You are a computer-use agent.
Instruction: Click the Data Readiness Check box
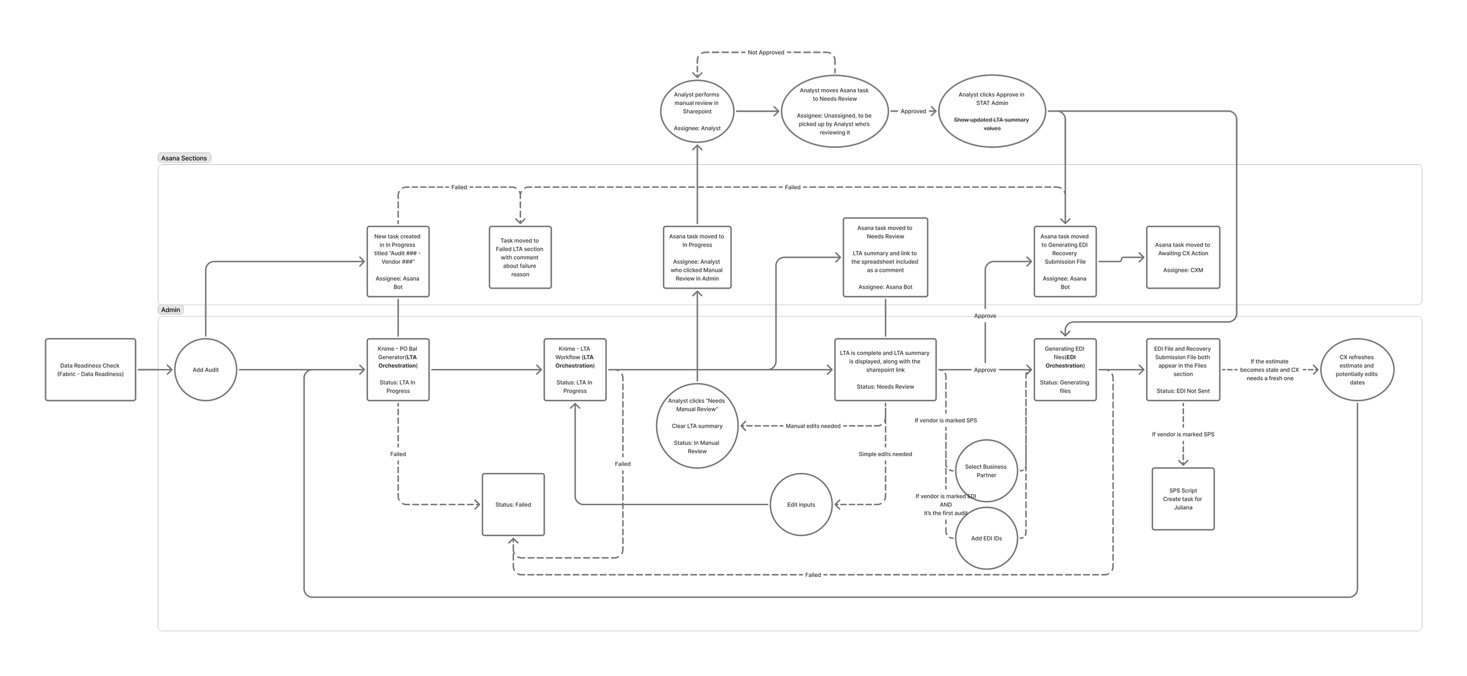point(90,370)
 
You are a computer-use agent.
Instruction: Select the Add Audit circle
point(205,370)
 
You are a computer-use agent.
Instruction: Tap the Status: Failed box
point(513,505)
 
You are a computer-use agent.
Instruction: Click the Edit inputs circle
point(800,505)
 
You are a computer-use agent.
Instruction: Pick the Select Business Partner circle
point(986,471)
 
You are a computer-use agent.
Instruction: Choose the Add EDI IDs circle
point(986,538)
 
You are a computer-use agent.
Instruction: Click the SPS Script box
point(1182,499)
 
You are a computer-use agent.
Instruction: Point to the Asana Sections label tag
point(184,158)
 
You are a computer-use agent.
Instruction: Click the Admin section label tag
point(171,310)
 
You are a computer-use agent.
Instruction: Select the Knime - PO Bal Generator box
point(398,370)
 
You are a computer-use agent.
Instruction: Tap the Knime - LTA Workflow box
point(574,370)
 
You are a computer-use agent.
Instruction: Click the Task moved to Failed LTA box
point(520,257)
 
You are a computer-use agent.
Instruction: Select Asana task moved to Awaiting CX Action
point(1182,257)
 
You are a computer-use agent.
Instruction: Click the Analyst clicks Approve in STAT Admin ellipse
point(992,111)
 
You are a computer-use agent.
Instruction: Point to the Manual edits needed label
point(813,426)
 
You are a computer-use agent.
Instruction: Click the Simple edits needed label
point(885,454)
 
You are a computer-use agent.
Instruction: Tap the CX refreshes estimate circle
point(1357,370)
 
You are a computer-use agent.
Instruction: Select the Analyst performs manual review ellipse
point(697,111)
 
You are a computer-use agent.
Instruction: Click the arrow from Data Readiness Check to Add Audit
point(155,370)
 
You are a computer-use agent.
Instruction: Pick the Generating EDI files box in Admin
point(1064,370)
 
